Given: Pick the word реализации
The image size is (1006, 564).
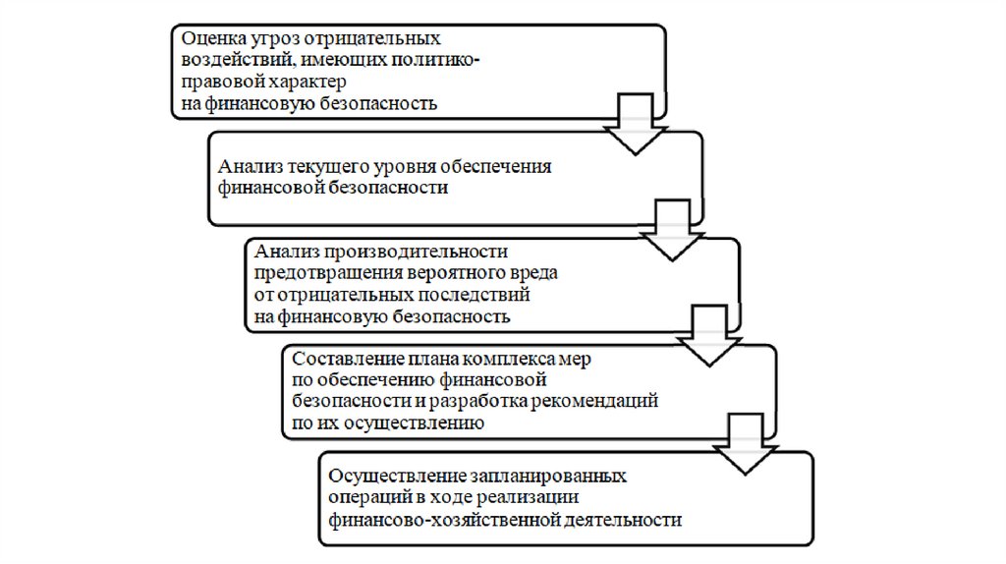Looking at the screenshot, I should pos(539,497).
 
